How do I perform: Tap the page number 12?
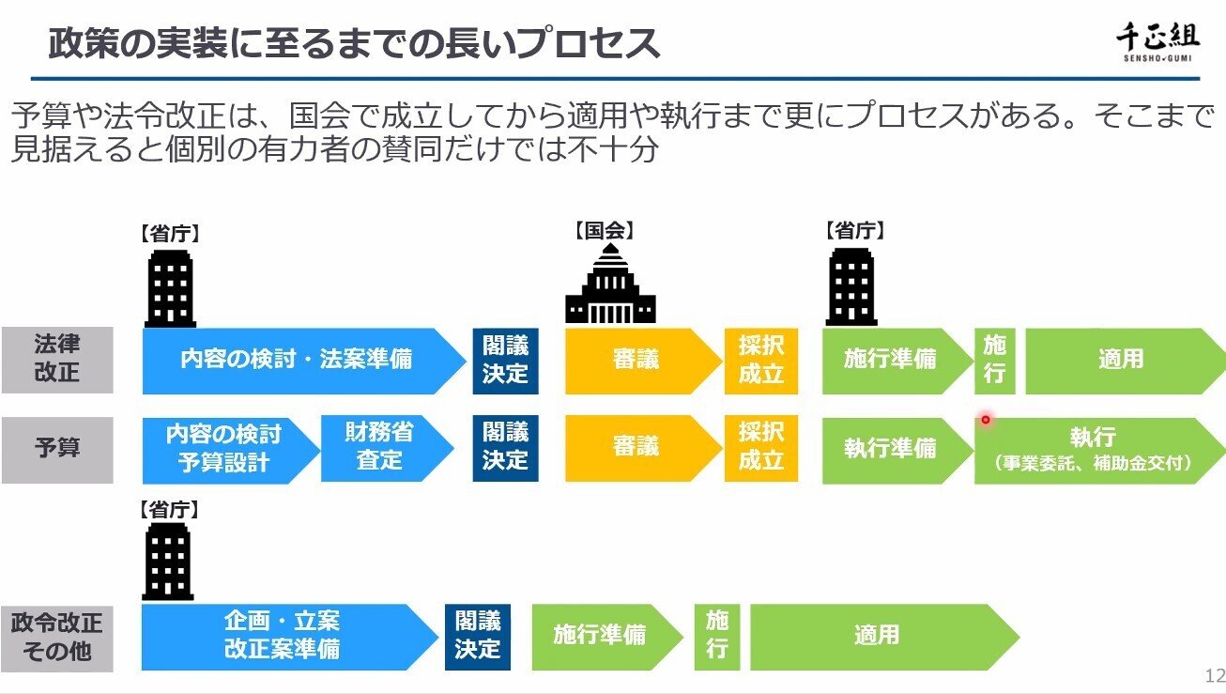1214,676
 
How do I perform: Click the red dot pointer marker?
986,420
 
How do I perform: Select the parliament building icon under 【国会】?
610,285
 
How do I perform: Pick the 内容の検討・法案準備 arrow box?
296,361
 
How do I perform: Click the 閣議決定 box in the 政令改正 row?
478,636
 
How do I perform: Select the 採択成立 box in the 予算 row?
760,447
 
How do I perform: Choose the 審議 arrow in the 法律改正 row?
636,361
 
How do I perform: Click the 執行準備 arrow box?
890,448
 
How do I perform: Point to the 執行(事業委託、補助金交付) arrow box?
1094,448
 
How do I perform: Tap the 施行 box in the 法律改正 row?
995,361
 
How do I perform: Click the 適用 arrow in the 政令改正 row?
877,636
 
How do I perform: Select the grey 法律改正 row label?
57,360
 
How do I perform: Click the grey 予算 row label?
57,448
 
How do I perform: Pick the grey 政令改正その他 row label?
57,637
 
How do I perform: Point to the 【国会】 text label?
603,231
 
